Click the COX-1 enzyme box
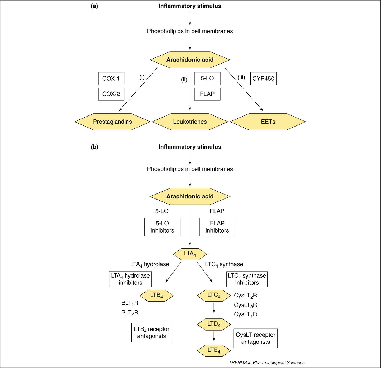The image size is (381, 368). tap(111, 79)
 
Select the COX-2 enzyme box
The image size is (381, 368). tap(111, 94)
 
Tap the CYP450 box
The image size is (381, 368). tap(263, 79)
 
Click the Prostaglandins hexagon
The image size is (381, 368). tap(112, 122)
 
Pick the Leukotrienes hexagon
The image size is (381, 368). tap(190, 122)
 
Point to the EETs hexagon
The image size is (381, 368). tap(268, 122)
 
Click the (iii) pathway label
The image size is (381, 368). tap(241, 77)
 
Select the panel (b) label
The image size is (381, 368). tap(94, 147)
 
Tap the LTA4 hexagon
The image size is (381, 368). tap(190, 254)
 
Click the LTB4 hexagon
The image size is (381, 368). tap(156, 296)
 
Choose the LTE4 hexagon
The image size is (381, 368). tap(214, 350)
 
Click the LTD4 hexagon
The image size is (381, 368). tap(214, 324)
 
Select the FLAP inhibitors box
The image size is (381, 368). tap(217, 227)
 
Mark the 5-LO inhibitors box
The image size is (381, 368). tap(162, 227)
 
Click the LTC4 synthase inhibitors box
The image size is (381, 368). tap(247, 279)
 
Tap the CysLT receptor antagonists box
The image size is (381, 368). tap(255, 338)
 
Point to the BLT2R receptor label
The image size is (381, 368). tap(130, 313)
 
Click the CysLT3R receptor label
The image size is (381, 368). tap(245, 305)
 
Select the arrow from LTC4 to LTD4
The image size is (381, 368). tap(214, 308)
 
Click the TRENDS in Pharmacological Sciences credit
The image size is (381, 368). tap(267, 362)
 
